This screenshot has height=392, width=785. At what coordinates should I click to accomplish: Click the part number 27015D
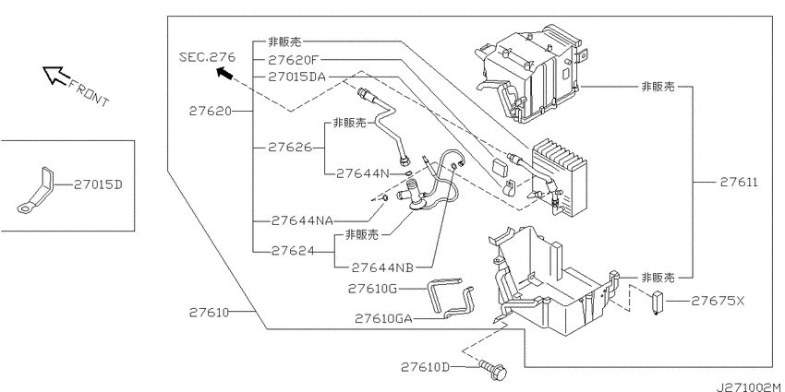coord(98,185)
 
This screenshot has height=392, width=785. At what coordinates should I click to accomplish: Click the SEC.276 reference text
coord(207,57)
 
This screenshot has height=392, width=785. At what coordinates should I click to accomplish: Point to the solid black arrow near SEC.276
coord(224,74)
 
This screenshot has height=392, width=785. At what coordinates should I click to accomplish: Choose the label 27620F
coord(293,60)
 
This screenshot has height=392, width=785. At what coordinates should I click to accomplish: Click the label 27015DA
coord(296,77)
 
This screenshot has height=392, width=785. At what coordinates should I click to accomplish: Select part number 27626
coord(290,147)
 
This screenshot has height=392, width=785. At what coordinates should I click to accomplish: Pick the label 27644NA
coord(302,220)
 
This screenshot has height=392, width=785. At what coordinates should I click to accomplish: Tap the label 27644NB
coord(382,268)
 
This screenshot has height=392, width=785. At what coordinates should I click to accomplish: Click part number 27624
coord(294,251)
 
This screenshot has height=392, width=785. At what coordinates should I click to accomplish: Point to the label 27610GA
coord(384,318)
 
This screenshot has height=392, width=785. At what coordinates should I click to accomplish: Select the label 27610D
coord(425,367)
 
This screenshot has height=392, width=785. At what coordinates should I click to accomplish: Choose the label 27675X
coord(718,301)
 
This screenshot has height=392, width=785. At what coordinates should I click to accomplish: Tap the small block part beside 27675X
coord(657,303)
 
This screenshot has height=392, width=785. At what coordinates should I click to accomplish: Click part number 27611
coord(739,182)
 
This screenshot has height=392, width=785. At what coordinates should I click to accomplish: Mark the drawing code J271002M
coord(750,386)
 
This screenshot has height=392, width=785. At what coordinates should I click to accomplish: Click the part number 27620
coord(211,111)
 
